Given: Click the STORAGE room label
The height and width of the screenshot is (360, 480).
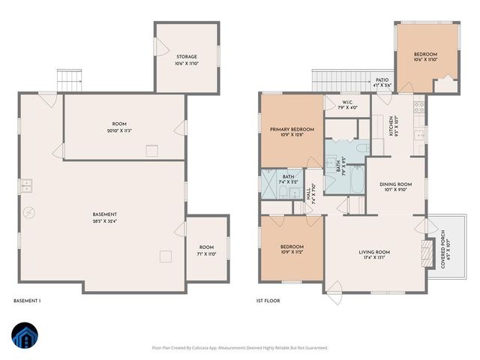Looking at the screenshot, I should pos(187,57).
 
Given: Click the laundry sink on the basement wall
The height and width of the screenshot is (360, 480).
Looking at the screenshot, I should pos(26,185).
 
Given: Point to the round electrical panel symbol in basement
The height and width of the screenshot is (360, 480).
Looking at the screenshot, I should pos(28,213).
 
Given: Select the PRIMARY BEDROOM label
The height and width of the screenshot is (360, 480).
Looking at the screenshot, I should pos(292,130).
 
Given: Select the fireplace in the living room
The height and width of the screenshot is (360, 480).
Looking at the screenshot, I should pos(427,253).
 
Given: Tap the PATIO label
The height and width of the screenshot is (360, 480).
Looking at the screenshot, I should pos(381,80).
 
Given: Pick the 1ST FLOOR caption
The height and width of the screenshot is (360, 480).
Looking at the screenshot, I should pos(268,301).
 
